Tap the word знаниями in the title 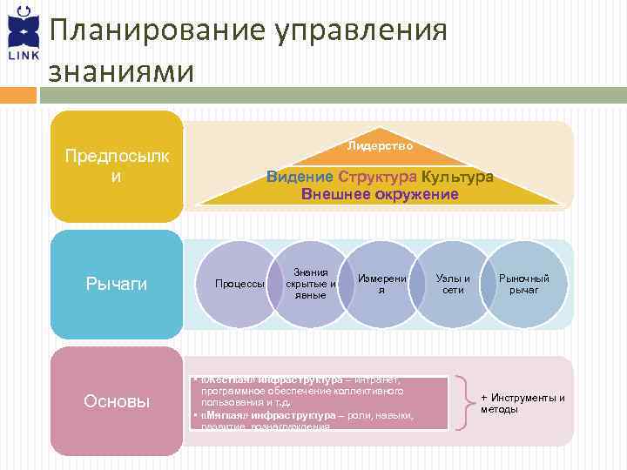tap(122, 72)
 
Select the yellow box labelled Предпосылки tap(117, 166)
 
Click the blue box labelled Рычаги tap(117, 284)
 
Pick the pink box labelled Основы tap(117, 401)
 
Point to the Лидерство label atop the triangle tap(380, 144)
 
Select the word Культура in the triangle tap(461, 177)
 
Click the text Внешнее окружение tap(380, 194)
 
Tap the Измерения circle tap(381, 284)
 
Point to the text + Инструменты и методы tap(522, 403)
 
